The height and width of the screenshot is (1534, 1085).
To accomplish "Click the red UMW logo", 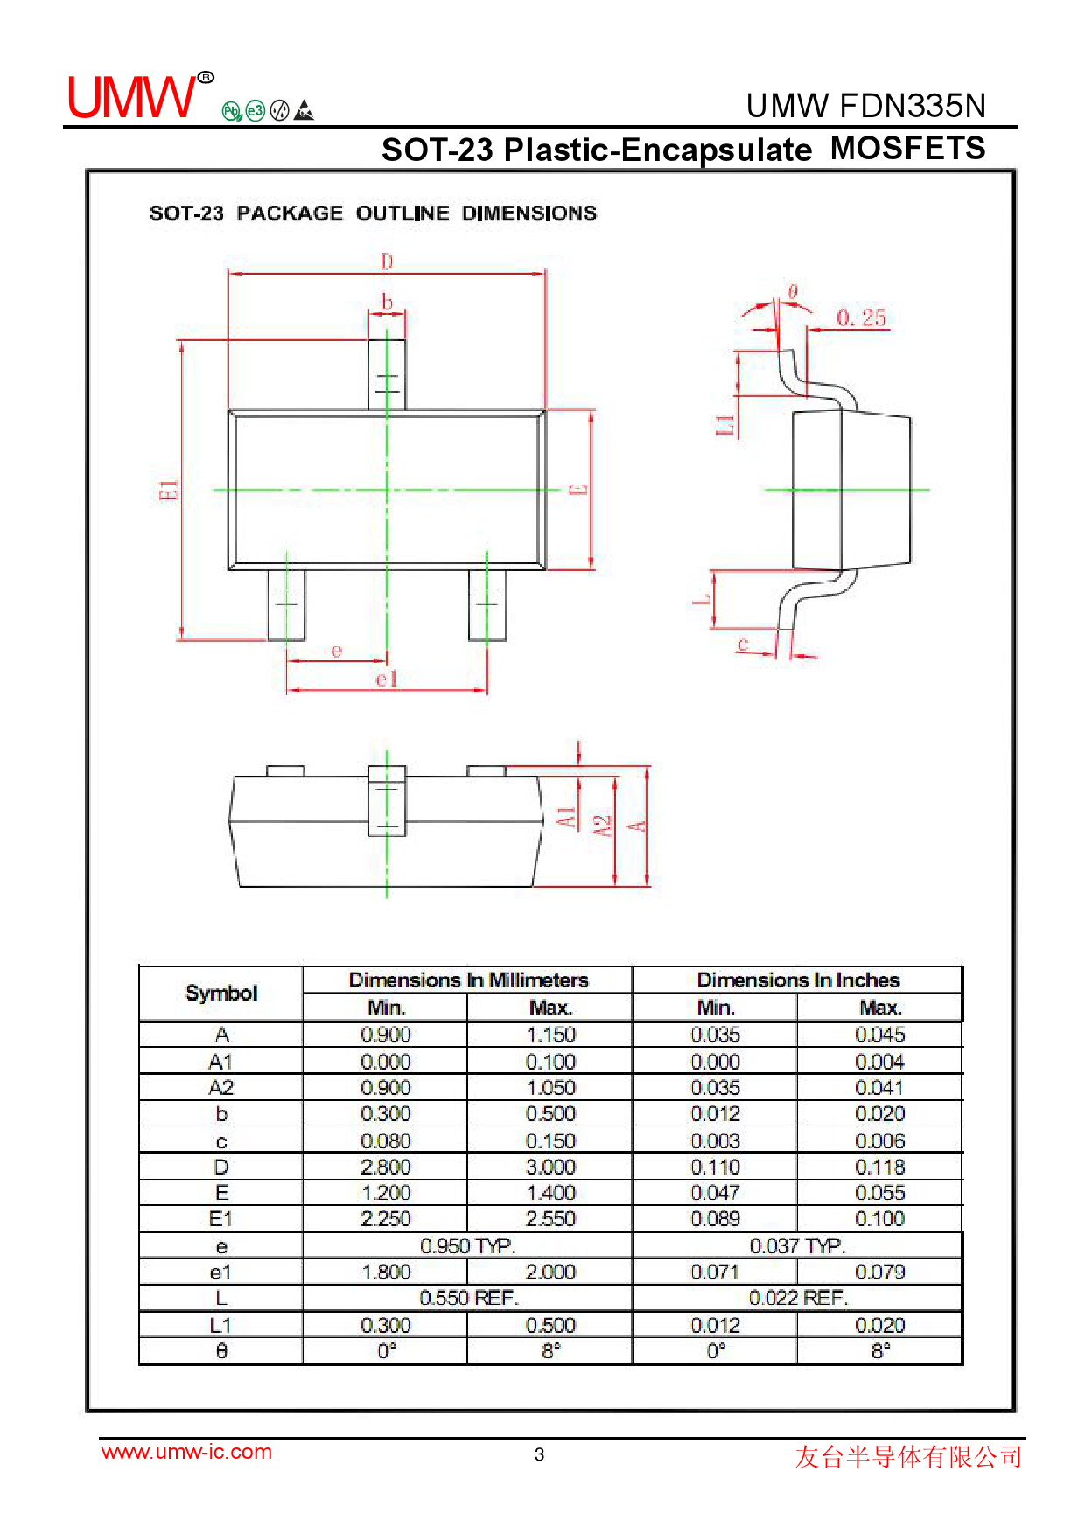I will coord(133,97).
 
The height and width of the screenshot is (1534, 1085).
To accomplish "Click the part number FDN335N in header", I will coord(912,106).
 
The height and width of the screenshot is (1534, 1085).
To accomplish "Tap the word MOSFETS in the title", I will coord(907,148).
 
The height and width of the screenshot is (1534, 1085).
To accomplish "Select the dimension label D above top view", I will coord(387,261).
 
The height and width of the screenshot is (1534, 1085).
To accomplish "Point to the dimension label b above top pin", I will coord(387,303).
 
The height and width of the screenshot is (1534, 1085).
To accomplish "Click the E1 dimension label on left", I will coord(168,491).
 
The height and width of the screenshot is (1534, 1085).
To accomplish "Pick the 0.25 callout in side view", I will coord(861,317).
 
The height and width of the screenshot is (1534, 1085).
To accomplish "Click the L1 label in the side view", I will coord(724,425).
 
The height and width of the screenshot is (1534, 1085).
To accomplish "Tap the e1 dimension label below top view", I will coord(387,679).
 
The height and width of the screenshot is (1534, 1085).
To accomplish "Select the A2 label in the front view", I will coord(602,826).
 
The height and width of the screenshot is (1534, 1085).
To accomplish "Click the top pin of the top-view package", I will coord(386,374).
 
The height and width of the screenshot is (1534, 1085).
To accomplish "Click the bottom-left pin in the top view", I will coord(286,604).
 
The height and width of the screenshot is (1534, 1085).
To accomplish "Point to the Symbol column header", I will coord(221,993).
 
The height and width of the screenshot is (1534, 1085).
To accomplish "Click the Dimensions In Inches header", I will coord(797,980).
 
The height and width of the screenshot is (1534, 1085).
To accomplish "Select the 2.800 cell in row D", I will coord(385,1167).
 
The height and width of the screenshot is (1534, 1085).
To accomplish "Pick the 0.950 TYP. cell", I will coord(467,1245).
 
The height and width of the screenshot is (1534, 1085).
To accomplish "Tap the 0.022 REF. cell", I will coord(797,1298).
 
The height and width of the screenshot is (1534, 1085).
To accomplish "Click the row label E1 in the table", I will coord(221,1218).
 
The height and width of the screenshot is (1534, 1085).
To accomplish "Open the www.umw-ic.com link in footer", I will coord(186,1452).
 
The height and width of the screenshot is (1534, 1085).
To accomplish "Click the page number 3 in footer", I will coord(539,1454).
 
